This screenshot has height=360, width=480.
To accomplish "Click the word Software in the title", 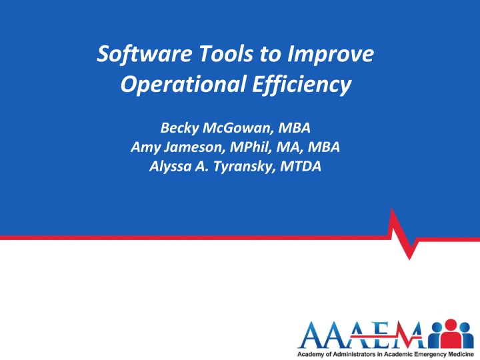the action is pos(144,53).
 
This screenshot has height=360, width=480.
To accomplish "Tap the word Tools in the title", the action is pos(227,53).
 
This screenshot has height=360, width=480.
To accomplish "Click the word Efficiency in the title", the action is pos(302,85).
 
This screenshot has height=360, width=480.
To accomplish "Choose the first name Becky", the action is pos(179,128).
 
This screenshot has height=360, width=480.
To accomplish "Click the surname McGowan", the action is pos(238,127).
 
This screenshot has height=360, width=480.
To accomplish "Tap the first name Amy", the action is pos(146,147).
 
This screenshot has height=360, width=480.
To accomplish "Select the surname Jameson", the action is pos(195,147).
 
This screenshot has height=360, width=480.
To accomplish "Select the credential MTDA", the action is pos(301,167).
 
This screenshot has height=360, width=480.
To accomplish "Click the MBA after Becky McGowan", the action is pos(294,127).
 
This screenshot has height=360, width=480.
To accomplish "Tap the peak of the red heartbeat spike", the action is pos(392,209).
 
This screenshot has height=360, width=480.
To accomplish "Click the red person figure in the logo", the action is pos(451,334).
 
